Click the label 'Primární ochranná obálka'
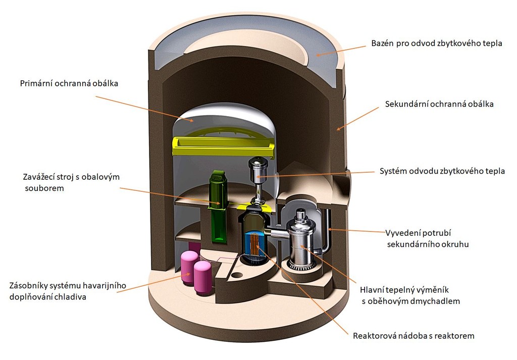coord(69,83)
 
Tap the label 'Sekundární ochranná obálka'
coord(439,104)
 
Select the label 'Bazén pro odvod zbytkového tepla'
coord(437,43)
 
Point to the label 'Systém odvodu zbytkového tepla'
coord(442,171)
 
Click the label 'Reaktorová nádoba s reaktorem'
coord(413,336)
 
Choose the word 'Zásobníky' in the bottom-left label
coord(28,285)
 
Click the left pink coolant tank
coord(189,267)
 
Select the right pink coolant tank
coord(202,277)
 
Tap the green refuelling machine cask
coord(218,206)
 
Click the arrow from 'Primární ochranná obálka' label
coord(144,109)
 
